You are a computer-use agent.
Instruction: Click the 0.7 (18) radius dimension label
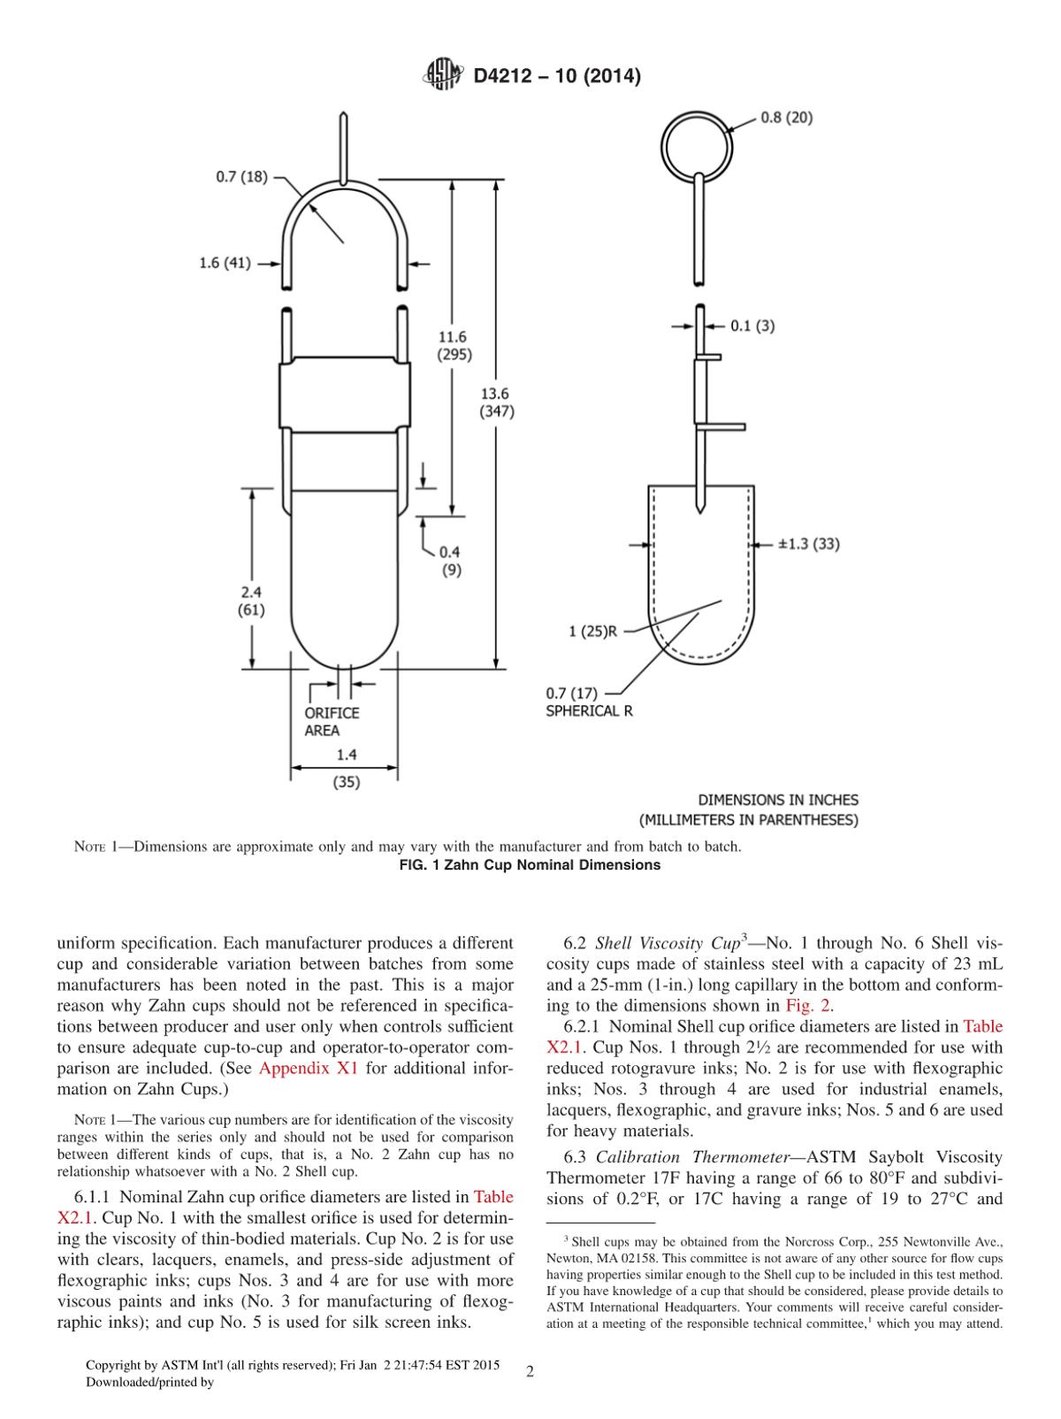241,177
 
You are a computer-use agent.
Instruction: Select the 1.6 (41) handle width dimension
225,263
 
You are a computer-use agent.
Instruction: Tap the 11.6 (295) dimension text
454,345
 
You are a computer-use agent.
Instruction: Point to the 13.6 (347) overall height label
497,403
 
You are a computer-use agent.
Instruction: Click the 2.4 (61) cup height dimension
250,601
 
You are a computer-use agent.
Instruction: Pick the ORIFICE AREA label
332,721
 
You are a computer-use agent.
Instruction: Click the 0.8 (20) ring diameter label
787,118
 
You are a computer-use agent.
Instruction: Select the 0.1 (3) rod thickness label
752,326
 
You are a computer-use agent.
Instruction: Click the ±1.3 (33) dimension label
808,543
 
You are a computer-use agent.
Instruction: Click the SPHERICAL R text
589,710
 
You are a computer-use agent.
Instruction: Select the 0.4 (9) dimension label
450,561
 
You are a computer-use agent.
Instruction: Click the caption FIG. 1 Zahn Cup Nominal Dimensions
530,865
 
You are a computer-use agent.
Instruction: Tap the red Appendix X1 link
308,1068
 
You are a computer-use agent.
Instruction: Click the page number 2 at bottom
530,1372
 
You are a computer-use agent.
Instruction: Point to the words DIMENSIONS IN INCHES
778,800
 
